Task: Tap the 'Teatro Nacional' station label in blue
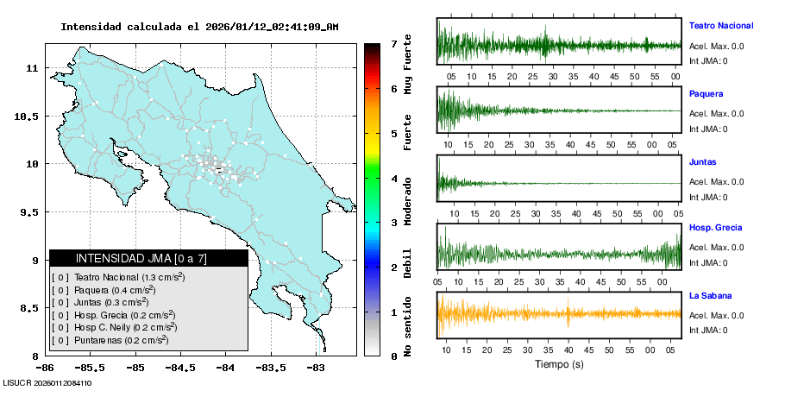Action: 720,26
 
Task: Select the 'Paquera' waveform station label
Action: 706,93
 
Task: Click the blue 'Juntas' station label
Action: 702,161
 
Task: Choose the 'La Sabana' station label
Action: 709,295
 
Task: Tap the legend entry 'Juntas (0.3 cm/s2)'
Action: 110,302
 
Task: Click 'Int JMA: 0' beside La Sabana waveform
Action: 707,330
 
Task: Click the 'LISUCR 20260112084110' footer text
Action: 47,382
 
